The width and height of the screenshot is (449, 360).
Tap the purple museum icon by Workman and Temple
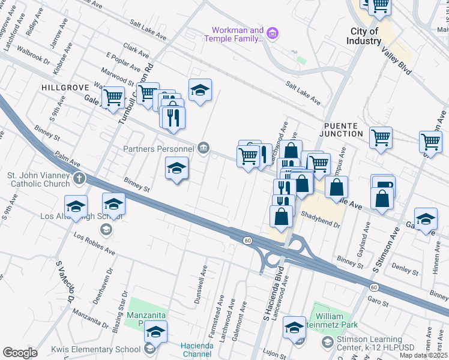tap(273, 32)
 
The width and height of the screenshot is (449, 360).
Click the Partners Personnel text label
tap(158, 149)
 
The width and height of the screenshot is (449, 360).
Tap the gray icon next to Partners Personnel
tap(204, 148)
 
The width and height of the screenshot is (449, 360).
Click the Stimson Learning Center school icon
tap(327, 341)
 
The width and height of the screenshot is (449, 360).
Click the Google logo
tap(20, 353)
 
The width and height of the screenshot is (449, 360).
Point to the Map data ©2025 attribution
tap(423, 355)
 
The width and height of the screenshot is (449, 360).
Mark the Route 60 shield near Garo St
tap(373, 287)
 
